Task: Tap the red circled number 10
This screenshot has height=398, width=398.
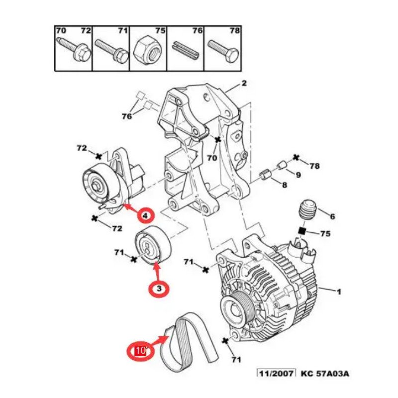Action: tap(140, 351)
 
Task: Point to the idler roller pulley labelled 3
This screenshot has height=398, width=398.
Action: tap(153, 247)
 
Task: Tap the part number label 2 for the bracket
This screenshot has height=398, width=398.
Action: tap(244, 84)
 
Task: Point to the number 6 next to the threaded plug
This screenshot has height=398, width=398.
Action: tap(333, 216)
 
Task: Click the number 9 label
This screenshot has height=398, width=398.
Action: tap(298, 175)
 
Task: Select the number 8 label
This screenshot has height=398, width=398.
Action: tap(285, 185)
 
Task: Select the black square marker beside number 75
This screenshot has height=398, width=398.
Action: tap(301, 231)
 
